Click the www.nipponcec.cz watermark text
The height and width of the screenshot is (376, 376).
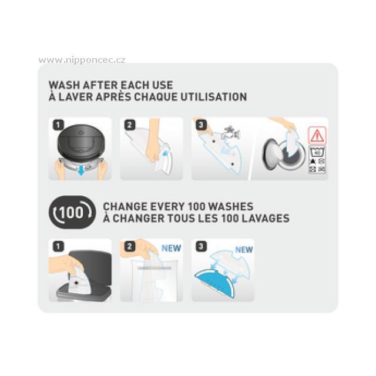[x=82, y=60]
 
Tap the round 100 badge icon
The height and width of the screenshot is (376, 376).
[x=72, y=212]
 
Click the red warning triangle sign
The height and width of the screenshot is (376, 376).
[x=317, y=136]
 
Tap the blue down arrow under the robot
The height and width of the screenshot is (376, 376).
[x=81, y=170]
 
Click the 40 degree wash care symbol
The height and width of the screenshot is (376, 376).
[x=317, y=153]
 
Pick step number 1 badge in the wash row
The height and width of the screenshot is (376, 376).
[x=58, y=125]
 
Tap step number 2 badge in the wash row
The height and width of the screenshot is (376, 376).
[x=130, y=125]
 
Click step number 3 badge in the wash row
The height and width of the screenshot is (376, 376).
[x=201, y=125]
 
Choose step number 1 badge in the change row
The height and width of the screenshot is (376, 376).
[x=58, y=246]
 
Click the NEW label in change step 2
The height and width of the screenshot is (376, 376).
[x=171, y=248]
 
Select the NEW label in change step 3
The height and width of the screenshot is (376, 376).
[x=244, y=250]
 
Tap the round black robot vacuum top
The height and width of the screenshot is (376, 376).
[x=80, y=142]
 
